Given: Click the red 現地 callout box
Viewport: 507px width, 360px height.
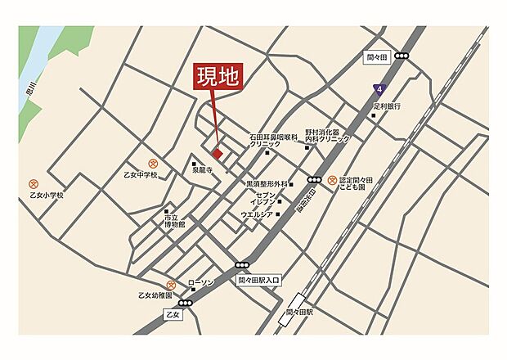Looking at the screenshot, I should pos(218,77).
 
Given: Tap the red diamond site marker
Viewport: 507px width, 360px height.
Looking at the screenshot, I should pos(218,152).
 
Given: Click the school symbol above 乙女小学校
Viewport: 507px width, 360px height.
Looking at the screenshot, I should pos(34,184).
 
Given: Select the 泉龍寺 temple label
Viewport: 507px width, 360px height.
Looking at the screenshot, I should pos(202,173).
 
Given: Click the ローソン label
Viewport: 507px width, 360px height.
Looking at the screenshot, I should pos(200,282).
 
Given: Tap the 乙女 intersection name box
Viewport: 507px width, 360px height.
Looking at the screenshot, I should pos(171,314).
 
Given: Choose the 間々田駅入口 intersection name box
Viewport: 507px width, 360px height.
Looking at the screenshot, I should pos(258,280).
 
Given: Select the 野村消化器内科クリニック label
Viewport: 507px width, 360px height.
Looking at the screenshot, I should pos(327,135).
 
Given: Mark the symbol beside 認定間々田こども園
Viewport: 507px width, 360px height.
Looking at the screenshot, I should pos(331,180).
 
